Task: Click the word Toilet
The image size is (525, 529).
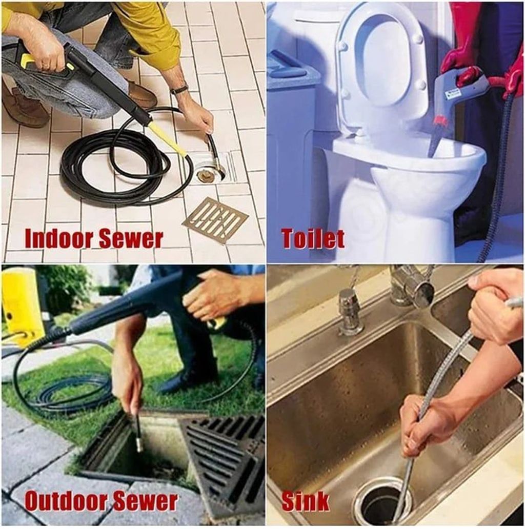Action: coord(313,238)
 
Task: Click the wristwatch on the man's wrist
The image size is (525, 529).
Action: coord(179,90)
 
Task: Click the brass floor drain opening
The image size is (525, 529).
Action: coord(206,175)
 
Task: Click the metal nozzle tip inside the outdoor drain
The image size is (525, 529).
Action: coord(138,441)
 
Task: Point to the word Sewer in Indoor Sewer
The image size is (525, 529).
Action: coord(132,238)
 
